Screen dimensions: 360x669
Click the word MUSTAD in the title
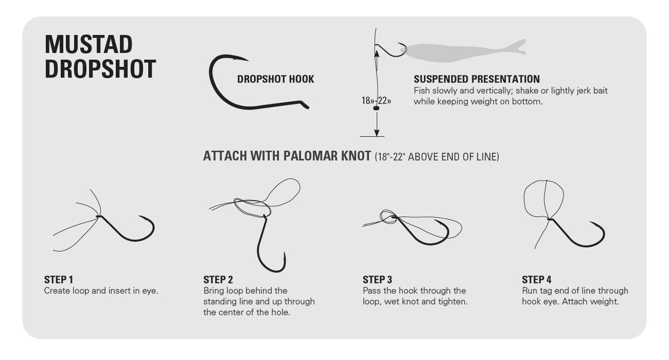(x=89, y=45)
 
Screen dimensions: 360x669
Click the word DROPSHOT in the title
(x=100, y=69)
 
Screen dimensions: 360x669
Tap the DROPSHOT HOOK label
(x=275, y=79)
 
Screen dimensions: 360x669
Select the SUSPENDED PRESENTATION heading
(x=477, y=79)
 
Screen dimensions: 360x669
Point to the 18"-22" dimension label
(x=376, y=101)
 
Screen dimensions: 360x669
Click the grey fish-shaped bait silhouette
(x=463, y=50)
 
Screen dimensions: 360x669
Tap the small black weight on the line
(x=376, y=109)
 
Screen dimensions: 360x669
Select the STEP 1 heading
(x=59, y=280)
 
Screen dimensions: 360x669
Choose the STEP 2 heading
(x=218, y=280)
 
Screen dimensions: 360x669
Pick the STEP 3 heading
(x=377, y=280)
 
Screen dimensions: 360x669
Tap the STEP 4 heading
(x=536, y=280)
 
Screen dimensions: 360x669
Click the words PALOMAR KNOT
(x=326, y=156)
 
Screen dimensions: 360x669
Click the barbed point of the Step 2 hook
(x=285, y=254)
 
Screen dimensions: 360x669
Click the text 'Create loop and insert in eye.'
(x=101, y=291)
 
